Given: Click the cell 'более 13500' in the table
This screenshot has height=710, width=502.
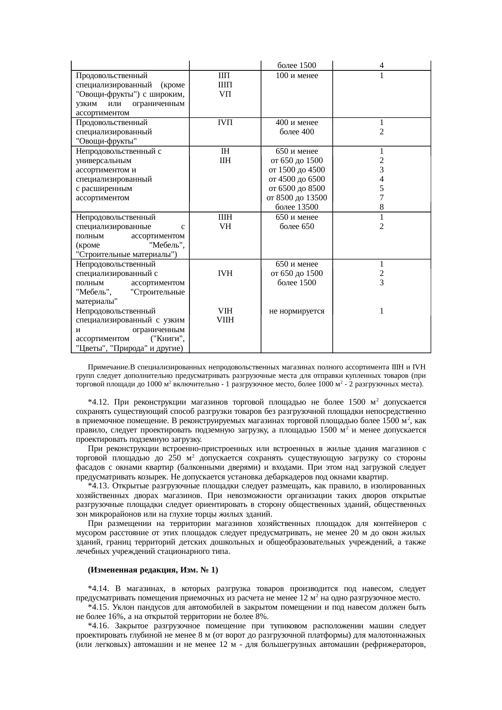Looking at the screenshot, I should tap(296, 207).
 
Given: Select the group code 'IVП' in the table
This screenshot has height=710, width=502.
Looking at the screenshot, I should tap(225, 122).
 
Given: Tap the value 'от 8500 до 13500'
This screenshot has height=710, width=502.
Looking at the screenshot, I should tap(296, 198).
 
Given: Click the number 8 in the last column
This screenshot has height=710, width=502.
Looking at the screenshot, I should tap(381, 207).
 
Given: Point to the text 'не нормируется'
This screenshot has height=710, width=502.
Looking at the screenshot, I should tap(296, 311).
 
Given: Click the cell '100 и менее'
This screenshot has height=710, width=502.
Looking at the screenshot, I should tap(296, 76).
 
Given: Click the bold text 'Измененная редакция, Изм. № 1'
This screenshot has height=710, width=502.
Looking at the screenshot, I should tap(152, 570).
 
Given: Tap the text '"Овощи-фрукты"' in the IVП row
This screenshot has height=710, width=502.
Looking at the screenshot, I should tap(106, 141).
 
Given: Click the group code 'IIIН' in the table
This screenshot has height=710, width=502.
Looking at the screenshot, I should tap(225, 217).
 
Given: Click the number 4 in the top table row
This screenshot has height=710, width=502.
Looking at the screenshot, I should tap(381, 66).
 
